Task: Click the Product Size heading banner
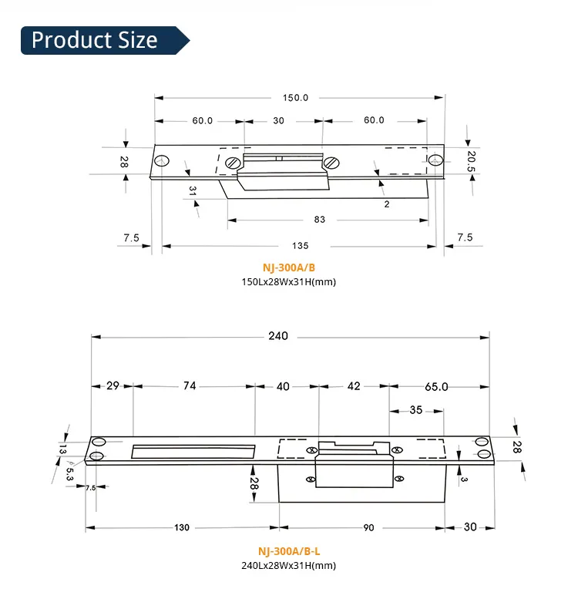(96, 40)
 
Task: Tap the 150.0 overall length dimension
(295, 98)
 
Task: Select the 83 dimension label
(320, 220)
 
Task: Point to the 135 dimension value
(300, 246)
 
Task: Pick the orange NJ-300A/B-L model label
(289, 552)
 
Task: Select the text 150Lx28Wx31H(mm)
(289, 281)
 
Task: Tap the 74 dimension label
(190, 386)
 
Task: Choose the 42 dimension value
(353, 386)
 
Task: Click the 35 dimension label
(415, 410)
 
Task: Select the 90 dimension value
(368, 528)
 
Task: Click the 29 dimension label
(113, 386)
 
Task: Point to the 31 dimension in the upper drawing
(193, 189)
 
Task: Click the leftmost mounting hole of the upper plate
(161, 162)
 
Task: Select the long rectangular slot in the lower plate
(193, 451)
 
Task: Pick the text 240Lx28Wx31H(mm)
(289, 565)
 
